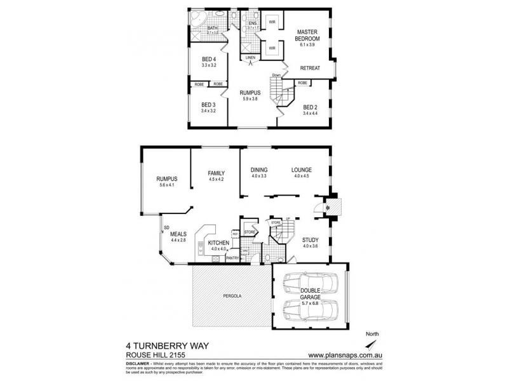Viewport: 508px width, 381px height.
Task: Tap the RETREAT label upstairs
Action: [310, 67]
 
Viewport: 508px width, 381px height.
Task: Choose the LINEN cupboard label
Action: [250, 57]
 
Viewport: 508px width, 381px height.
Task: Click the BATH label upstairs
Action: [212, 27]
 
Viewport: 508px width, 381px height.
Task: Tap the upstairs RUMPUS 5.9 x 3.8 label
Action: [250, 93]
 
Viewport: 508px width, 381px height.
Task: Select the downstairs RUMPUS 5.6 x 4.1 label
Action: [166, 179]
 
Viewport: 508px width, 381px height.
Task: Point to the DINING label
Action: [259, 170]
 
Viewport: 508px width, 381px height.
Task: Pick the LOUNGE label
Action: [301, 170]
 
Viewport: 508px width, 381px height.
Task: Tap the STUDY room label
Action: [310, 239]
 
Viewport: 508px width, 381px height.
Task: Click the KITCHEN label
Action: [218, 243]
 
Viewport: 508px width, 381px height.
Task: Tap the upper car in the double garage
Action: [310, 283]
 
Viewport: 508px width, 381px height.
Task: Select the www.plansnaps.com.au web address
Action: [344, 355]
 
